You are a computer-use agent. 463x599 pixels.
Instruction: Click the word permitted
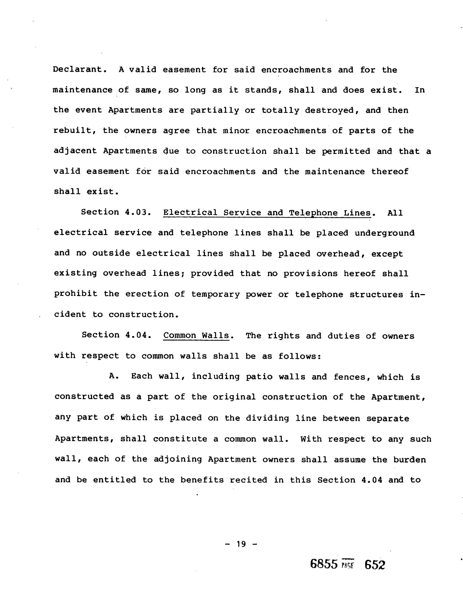pos(346,151)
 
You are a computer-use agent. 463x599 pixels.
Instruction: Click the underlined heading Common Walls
pos(196,336)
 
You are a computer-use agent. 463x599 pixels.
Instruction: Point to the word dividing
pos(267,418)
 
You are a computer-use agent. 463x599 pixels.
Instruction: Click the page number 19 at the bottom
pos(241,544)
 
